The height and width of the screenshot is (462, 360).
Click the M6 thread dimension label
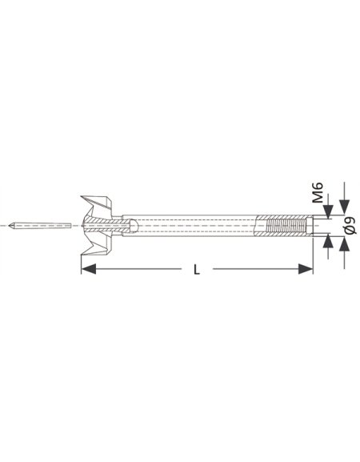tap(318, 193)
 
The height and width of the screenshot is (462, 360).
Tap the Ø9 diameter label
tap(350, 226)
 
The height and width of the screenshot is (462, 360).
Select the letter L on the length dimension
tap(197, 269)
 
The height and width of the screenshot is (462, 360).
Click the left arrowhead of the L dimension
tap(89, 269)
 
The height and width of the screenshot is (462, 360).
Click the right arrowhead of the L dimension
tap(306, 269)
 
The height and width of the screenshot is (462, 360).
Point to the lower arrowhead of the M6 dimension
tap(328, 242)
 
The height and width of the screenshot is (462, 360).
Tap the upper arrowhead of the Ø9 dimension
tap(344, 207)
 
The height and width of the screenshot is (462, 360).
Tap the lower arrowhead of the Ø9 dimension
tap(344, 244)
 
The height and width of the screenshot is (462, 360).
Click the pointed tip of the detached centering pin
tap(9, 226)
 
